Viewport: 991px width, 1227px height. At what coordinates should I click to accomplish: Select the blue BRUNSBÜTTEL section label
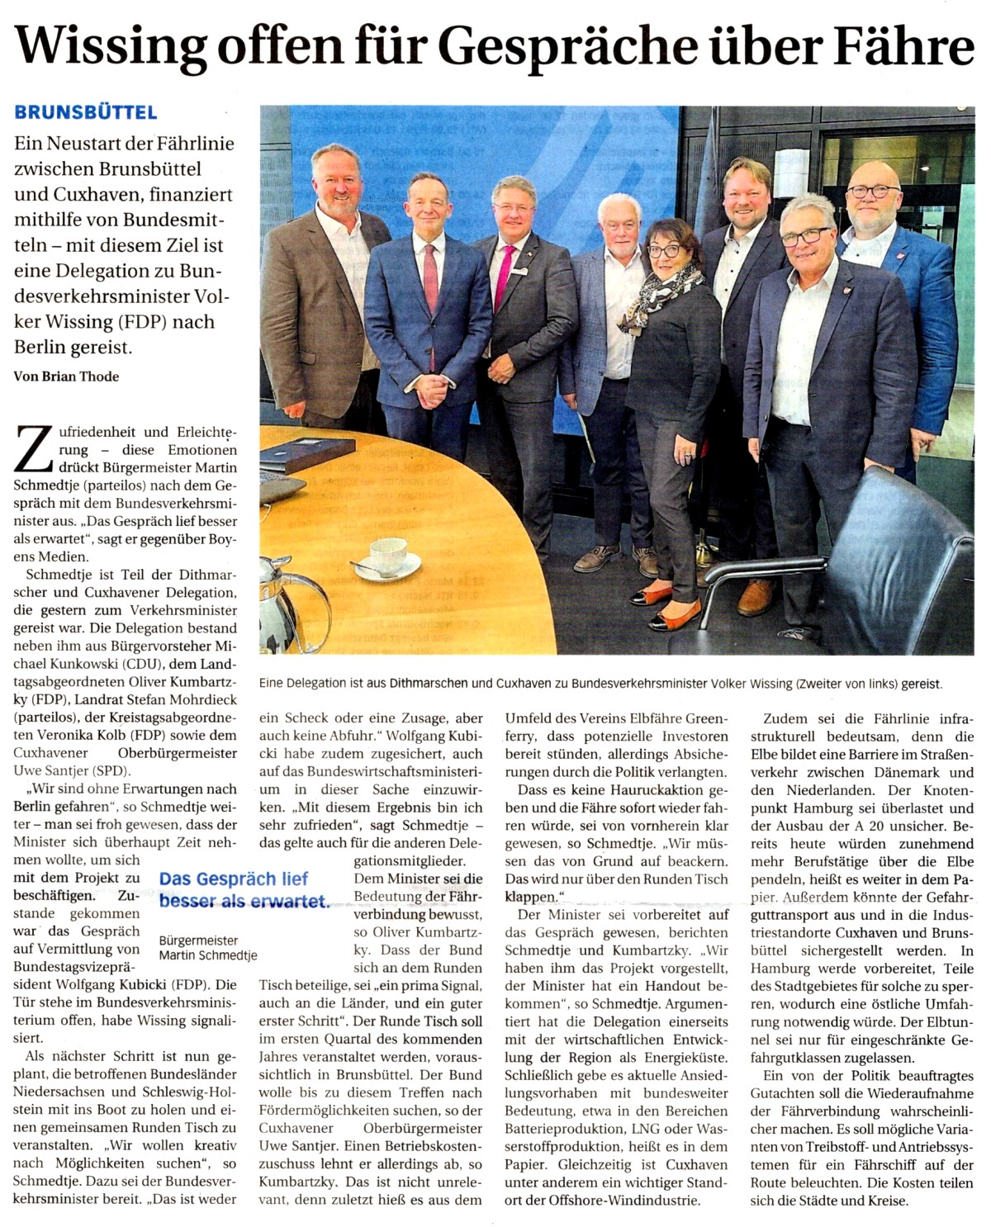pyautogui.click(x=85, y=113)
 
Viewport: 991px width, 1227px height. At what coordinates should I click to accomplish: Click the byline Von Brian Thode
pyautogui.click(x=67, y=377)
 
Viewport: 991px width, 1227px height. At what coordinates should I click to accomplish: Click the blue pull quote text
pyautogui.click(x=243, y=890)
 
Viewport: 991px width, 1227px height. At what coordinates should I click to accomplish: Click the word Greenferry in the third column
pyautogui.click(x=698, y=718)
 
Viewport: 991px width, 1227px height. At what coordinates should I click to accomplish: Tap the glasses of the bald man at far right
pyautogui.click(x=873, y=191)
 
